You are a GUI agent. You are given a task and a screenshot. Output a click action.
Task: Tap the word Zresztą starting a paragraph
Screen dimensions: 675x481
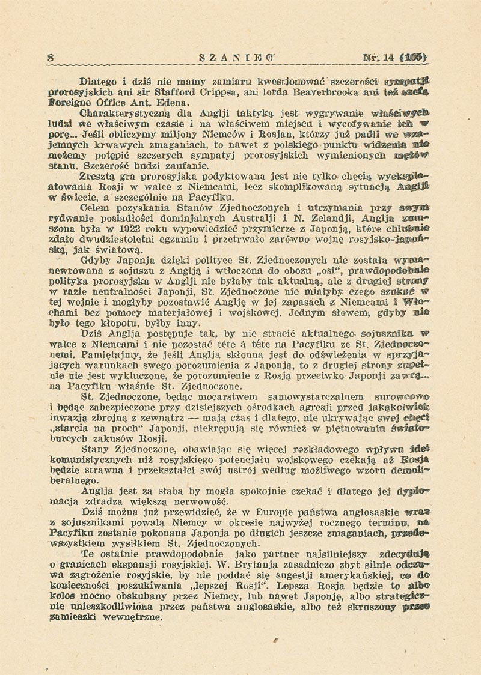point(99,177)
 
